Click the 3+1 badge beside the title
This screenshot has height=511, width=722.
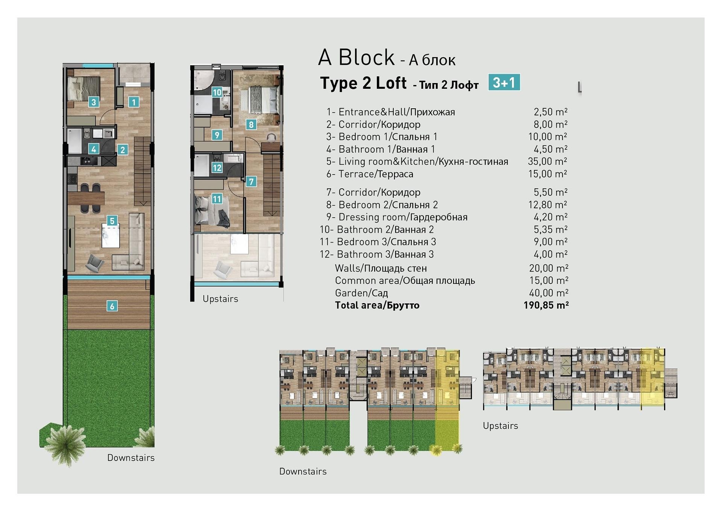[x=504, y=82]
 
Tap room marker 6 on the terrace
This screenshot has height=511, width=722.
[x=112, y=306]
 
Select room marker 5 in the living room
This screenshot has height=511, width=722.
[x=112, y=221]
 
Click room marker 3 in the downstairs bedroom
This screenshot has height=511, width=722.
[x=94, y=102]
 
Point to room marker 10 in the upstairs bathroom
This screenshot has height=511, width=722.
[x=217, y=92]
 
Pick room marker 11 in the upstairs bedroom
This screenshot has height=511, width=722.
[x=217, y=199]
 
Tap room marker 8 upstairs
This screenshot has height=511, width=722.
[x=251, y=124]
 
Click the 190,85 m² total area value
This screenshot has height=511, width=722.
[x=546, y=305]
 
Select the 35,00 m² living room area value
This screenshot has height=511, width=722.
[x=547, y=161]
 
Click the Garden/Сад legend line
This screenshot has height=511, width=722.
[x=361, y=293]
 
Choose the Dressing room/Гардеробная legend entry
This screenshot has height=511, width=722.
[x=397, y=217]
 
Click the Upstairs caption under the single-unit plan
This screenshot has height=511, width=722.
[x=220, y=299]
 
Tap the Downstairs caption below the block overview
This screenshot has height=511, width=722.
[x=303, y=472]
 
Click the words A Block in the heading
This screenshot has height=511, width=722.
[x=356, y=58]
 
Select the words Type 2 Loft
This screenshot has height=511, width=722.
[x=363, y=83]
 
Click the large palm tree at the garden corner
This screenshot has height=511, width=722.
[x=65, y=445]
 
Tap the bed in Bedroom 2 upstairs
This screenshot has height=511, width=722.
[x=259, y=100]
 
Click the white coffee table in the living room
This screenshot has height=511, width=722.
[x=111, y=236]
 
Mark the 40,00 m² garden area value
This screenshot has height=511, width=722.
[x=549, y=293]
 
